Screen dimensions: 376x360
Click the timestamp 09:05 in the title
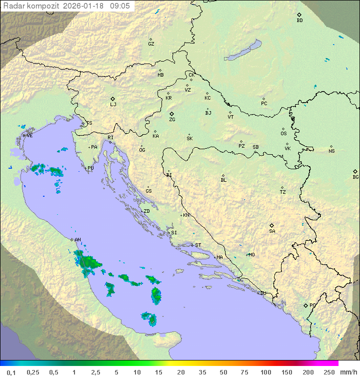tap(120, 6)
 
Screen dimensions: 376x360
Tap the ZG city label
tap(172, 120)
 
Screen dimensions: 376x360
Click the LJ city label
tap(113, 105)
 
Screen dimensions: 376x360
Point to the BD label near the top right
tap(299, 21)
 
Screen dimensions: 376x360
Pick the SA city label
tap(272, 231)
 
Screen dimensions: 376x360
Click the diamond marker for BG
tap(355, 171)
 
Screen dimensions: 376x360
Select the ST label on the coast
tap(198, 245)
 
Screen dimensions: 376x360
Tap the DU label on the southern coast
tap(263, 293)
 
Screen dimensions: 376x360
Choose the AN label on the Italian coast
tap(77, 240)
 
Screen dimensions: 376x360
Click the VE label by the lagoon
tap(29, 136)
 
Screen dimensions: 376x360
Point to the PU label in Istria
tap(90, 169)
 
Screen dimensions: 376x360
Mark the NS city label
tap(331, 151)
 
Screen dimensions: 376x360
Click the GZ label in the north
tap(151, 44)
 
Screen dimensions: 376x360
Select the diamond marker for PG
tap(305, 305)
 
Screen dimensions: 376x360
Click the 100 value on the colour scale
tap(265, 372)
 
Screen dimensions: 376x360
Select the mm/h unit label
tap(348, 372)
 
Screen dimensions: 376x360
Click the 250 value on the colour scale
tap(329, 372)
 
